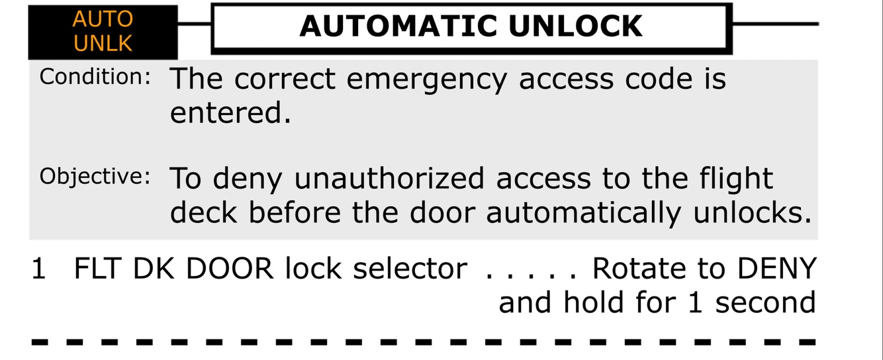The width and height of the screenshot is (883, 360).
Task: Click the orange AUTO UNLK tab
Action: point(103,32)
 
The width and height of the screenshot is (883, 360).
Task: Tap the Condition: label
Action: point(95,77)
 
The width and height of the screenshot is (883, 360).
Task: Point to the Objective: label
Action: point(95,177)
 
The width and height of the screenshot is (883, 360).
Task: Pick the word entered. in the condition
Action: point(230,112)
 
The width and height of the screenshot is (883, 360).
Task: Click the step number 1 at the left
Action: point(39,269)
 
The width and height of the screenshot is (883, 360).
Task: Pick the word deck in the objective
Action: point(201,213)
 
